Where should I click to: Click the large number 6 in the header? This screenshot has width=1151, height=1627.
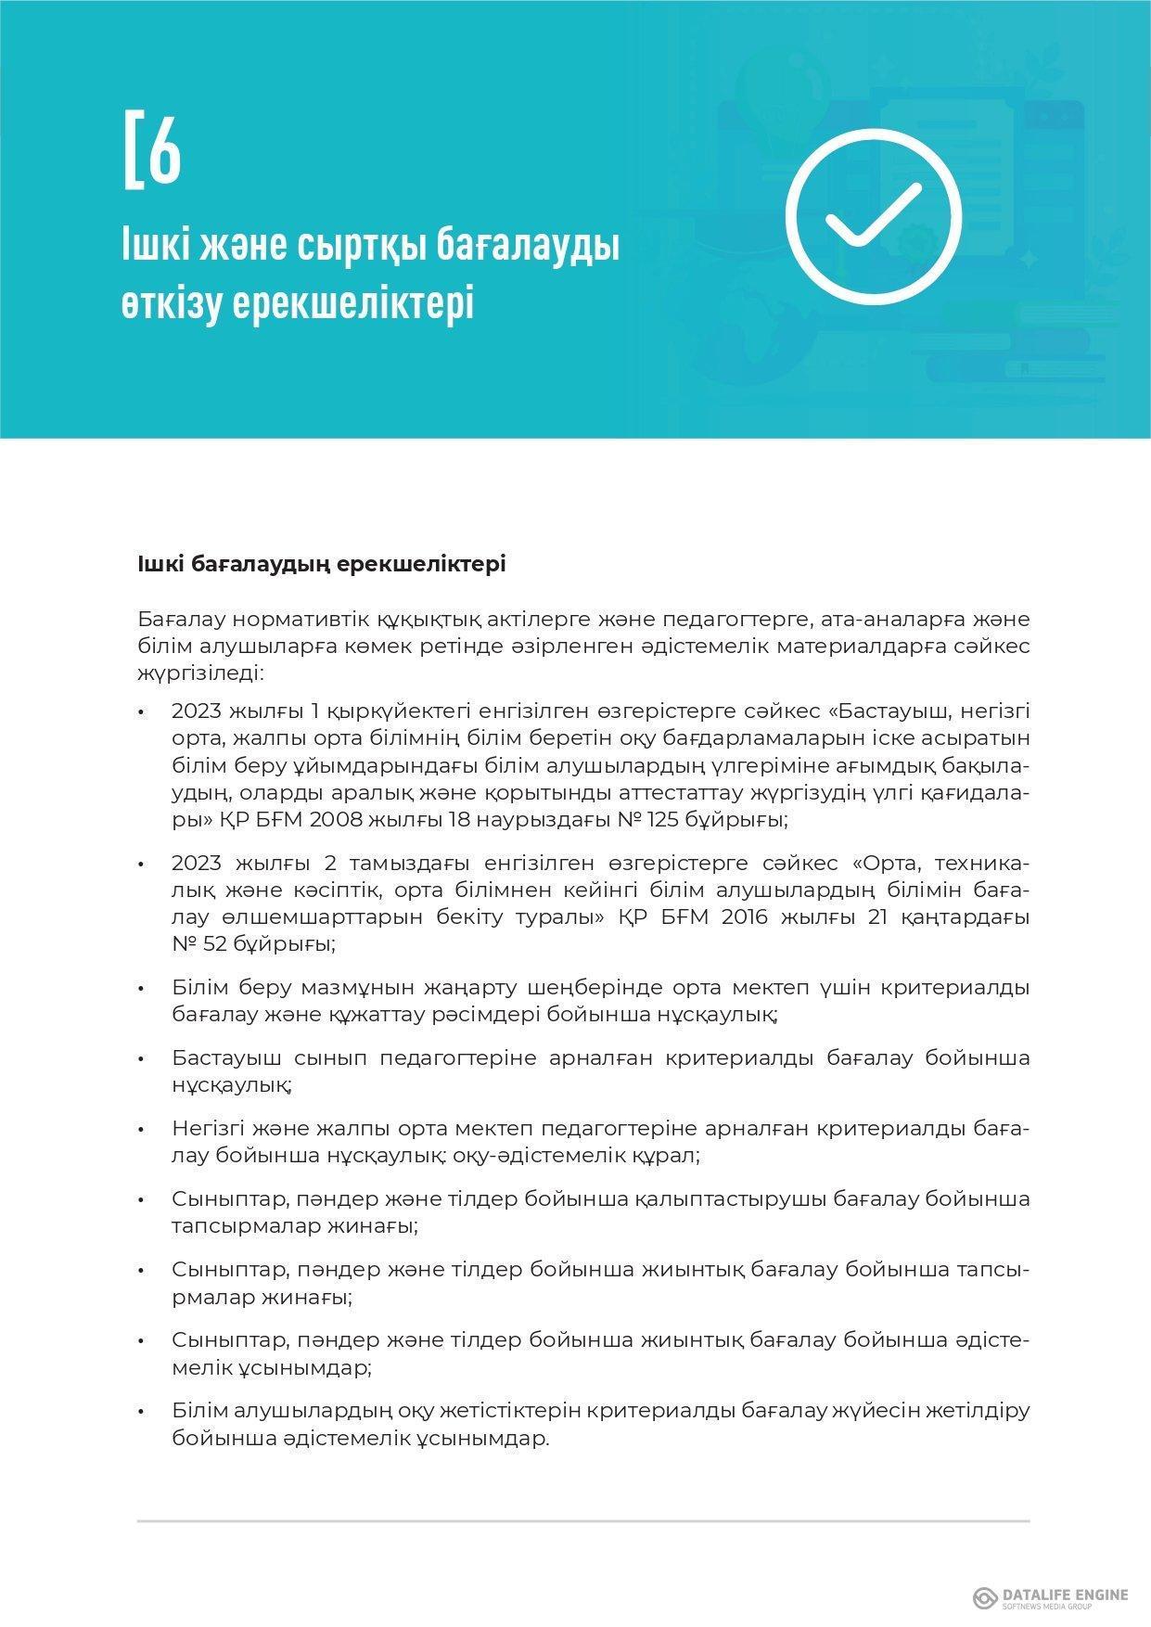165,149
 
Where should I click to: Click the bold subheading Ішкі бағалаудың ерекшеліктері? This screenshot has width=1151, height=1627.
321,564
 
